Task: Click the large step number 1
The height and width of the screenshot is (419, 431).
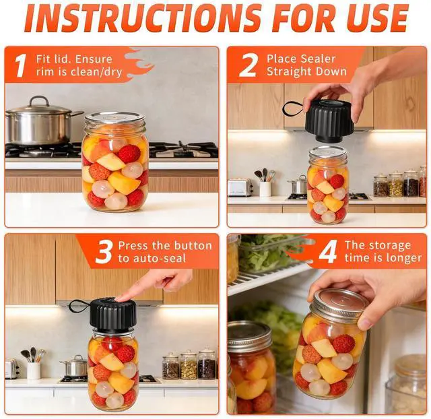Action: [x=20, y=66]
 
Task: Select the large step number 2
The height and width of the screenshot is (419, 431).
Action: [x=248, y=65]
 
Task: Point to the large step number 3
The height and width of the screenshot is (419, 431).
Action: [x=104, y=252]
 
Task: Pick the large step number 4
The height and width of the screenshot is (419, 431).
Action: [x=328, y=252]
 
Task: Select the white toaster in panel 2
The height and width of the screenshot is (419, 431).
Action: [x=240, y=187]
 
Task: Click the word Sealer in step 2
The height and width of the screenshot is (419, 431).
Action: [x=318, y=59]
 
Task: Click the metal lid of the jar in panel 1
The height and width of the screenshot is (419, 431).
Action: [x=115, y=118]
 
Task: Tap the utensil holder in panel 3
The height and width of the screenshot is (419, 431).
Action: [x=34, y=370]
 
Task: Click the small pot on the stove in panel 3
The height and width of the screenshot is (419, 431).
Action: [x=75, y=366]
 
